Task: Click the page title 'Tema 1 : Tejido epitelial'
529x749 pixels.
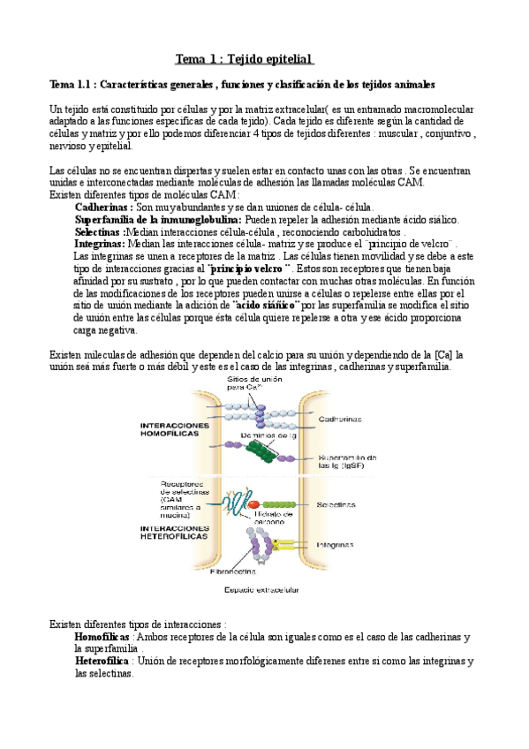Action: [x=245, y=59]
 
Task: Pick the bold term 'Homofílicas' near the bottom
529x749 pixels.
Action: [x=102, y=636]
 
